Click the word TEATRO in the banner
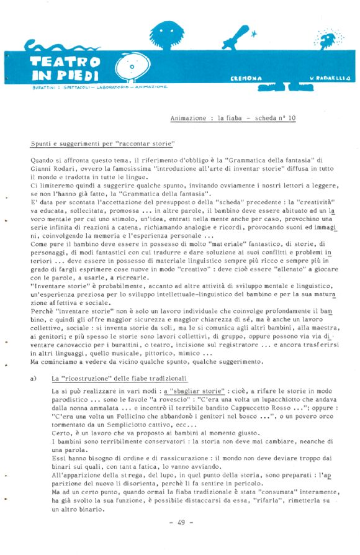pyautogui.click(x=65, y=63)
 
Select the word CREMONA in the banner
pyautogui.click(x=246, y=78)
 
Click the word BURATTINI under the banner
pyautogui.click(x=42, y=87)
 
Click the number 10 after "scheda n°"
pyautogui.click(x=292, y=117)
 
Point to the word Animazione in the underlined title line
pyautogui.click(x=189, y=117)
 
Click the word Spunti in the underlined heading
pyautogui.click(x=42, y=144)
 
